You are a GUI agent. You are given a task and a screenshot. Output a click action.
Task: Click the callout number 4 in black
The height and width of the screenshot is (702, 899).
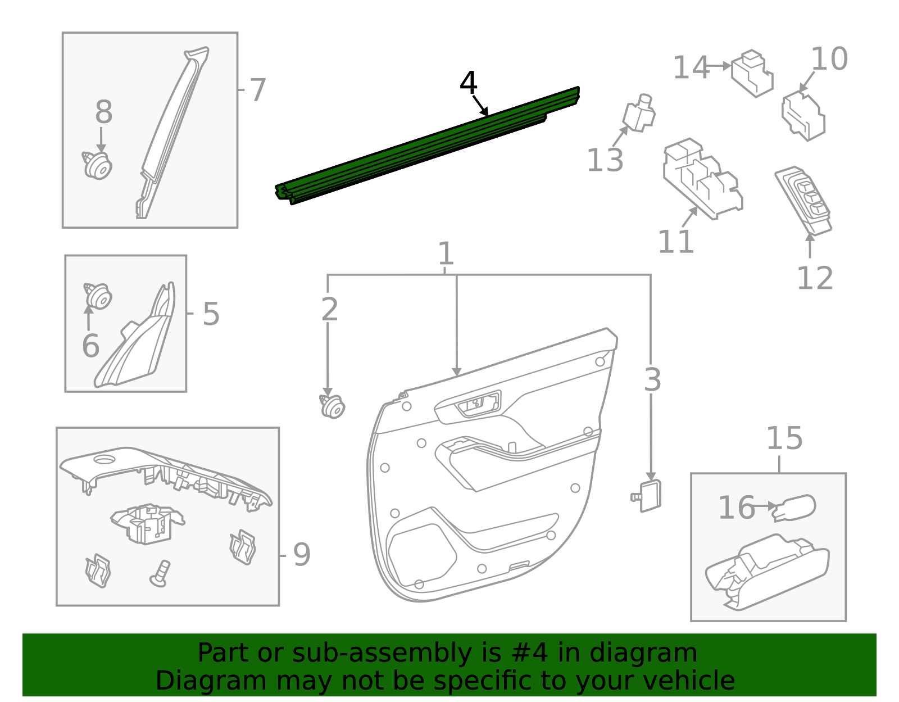click(x=468, y=83)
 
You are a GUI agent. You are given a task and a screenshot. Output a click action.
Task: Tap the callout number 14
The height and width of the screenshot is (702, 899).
click(x=691, y=67)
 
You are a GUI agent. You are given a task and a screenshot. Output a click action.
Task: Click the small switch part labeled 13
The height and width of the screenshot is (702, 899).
click(x=639, y=114)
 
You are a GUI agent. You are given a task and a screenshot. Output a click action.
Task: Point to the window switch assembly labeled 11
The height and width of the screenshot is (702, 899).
click(x=702, y=179)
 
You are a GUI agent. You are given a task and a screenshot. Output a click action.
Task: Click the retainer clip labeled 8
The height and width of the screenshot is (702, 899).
click(x=98, y=165)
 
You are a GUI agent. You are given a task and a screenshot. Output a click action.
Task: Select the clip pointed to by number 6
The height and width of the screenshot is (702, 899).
click(x=98, y=296)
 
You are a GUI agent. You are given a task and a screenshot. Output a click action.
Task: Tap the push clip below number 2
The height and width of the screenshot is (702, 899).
click(x=333, y=406)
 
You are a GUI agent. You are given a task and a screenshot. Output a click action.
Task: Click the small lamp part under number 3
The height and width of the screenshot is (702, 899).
click(x=649, y=496)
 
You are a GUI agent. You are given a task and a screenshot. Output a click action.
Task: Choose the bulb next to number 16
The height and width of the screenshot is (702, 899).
click(x=794, y=508)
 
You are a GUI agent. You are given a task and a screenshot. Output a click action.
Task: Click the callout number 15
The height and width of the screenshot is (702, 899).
click(x=784, y=438)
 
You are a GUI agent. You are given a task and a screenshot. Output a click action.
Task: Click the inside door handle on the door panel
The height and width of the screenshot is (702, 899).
click(x=478, y=404)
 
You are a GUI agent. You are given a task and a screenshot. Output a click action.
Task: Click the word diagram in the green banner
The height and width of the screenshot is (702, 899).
click(x=643, y=653)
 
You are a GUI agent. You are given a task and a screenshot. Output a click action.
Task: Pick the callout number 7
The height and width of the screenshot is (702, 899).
click(x=257, y=90)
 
